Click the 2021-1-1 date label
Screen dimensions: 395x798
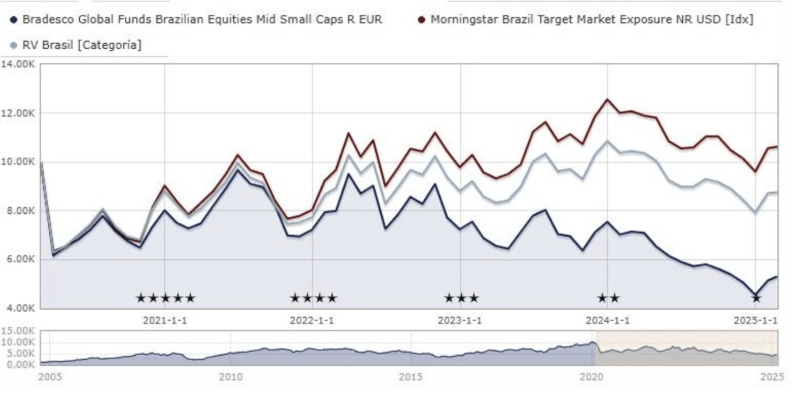pos(165,320)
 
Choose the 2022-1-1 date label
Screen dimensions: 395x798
pos(312,320)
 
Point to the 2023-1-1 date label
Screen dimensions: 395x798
pos(460,320)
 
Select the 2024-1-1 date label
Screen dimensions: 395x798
pos(608,320)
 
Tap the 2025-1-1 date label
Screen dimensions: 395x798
pos(755,320)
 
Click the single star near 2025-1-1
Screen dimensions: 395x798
pos(756,298)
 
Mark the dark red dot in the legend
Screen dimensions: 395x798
pos(422,20)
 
